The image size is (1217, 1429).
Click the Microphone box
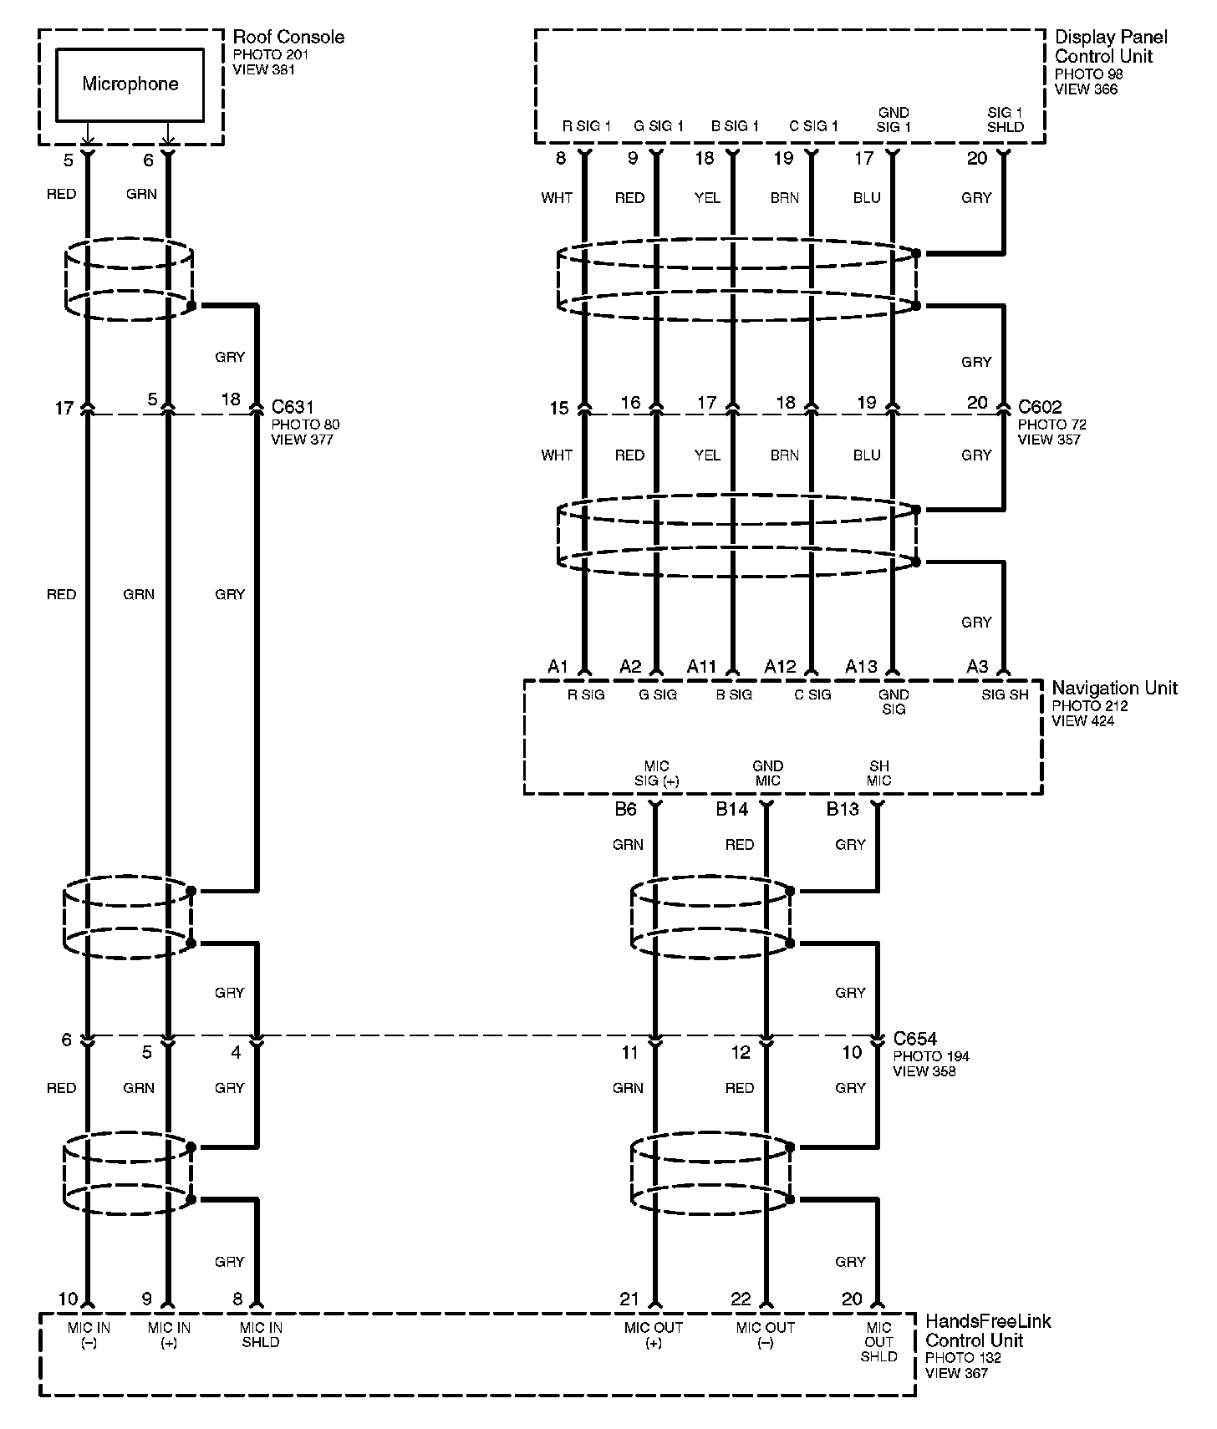130,84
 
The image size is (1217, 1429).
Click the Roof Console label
288,37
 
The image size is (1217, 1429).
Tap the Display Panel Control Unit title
1111,47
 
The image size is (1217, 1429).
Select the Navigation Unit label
1114,688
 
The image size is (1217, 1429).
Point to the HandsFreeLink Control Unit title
988,1330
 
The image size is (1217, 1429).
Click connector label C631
293,407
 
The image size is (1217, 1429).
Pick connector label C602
1040,407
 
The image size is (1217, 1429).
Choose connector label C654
915,1039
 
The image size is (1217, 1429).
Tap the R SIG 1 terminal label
587,126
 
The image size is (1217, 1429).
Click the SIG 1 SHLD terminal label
1005,120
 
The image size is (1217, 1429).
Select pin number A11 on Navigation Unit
702,666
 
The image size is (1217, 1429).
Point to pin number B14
731,808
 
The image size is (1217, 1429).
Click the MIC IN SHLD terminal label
261,1335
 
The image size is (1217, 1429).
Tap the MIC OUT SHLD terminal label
878,1341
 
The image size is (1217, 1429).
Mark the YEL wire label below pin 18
707,198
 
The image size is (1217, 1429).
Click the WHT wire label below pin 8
557,198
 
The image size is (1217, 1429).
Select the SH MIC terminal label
878,773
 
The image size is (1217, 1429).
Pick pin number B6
626,808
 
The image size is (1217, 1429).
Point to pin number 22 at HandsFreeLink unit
741,1299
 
